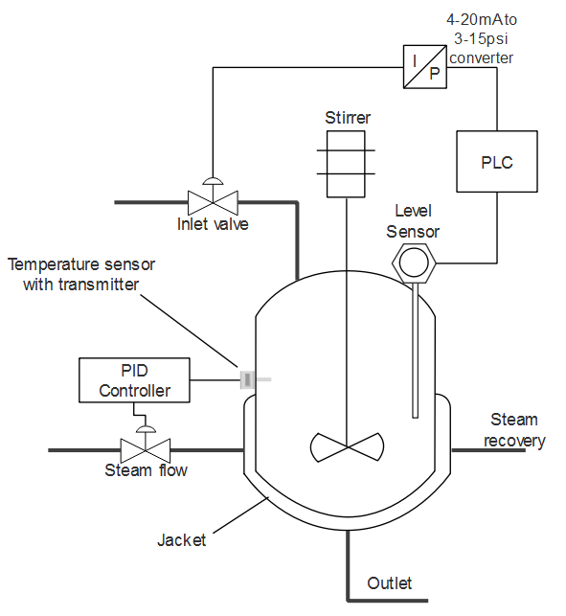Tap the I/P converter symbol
425,67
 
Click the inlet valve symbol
213,202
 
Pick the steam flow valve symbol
146,450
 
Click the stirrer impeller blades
347,446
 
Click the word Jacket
181,540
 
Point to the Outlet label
389,583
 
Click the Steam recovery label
514,430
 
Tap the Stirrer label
348,118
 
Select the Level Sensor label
413,221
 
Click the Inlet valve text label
213,224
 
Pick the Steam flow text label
146,469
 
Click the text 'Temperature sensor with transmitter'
81,274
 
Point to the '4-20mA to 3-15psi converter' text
482,38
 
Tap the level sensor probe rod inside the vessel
416,350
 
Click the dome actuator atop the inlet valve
213,181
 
